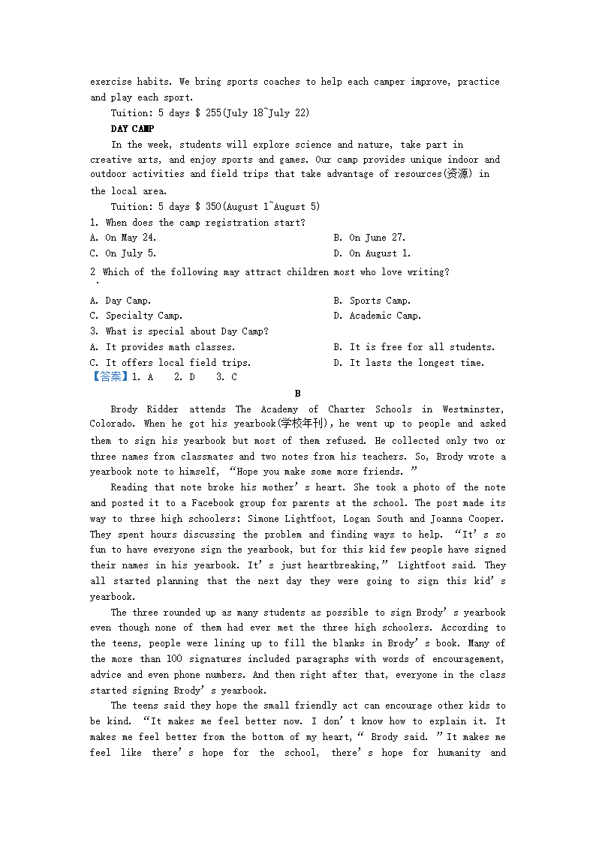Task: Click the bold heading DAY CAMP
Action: [132, 129]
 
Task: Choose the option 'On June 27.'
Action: [377, 238]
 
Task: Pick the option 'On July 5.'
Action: [130, 253]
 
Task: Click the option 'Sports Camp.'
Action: [380, 301]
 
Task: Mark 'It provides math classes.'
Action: [170, 347]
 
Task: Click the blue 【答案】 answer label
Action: [110, 377]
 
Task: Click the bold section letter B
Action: [297, 394]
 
